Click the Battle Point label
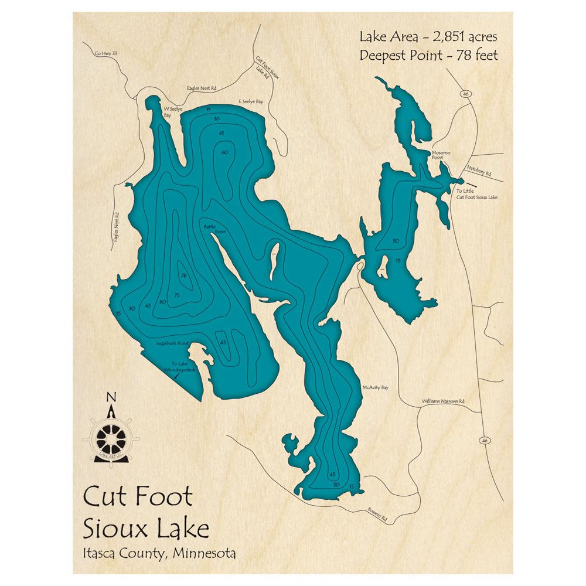coord(214,229)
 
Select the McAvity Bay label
coord(376,387)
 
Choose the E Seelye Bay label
coord(250,102)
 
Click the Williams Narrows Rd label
coord(443,401)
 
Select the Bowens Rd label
coord(379,514)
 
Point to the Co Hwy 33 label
coord(106,54)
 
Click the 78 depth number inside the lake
coord(183,276)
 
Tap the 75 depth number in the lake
coord(176,295)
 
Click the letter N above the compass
coord(111,397)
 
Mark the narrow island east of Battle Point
coord(274,261)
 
